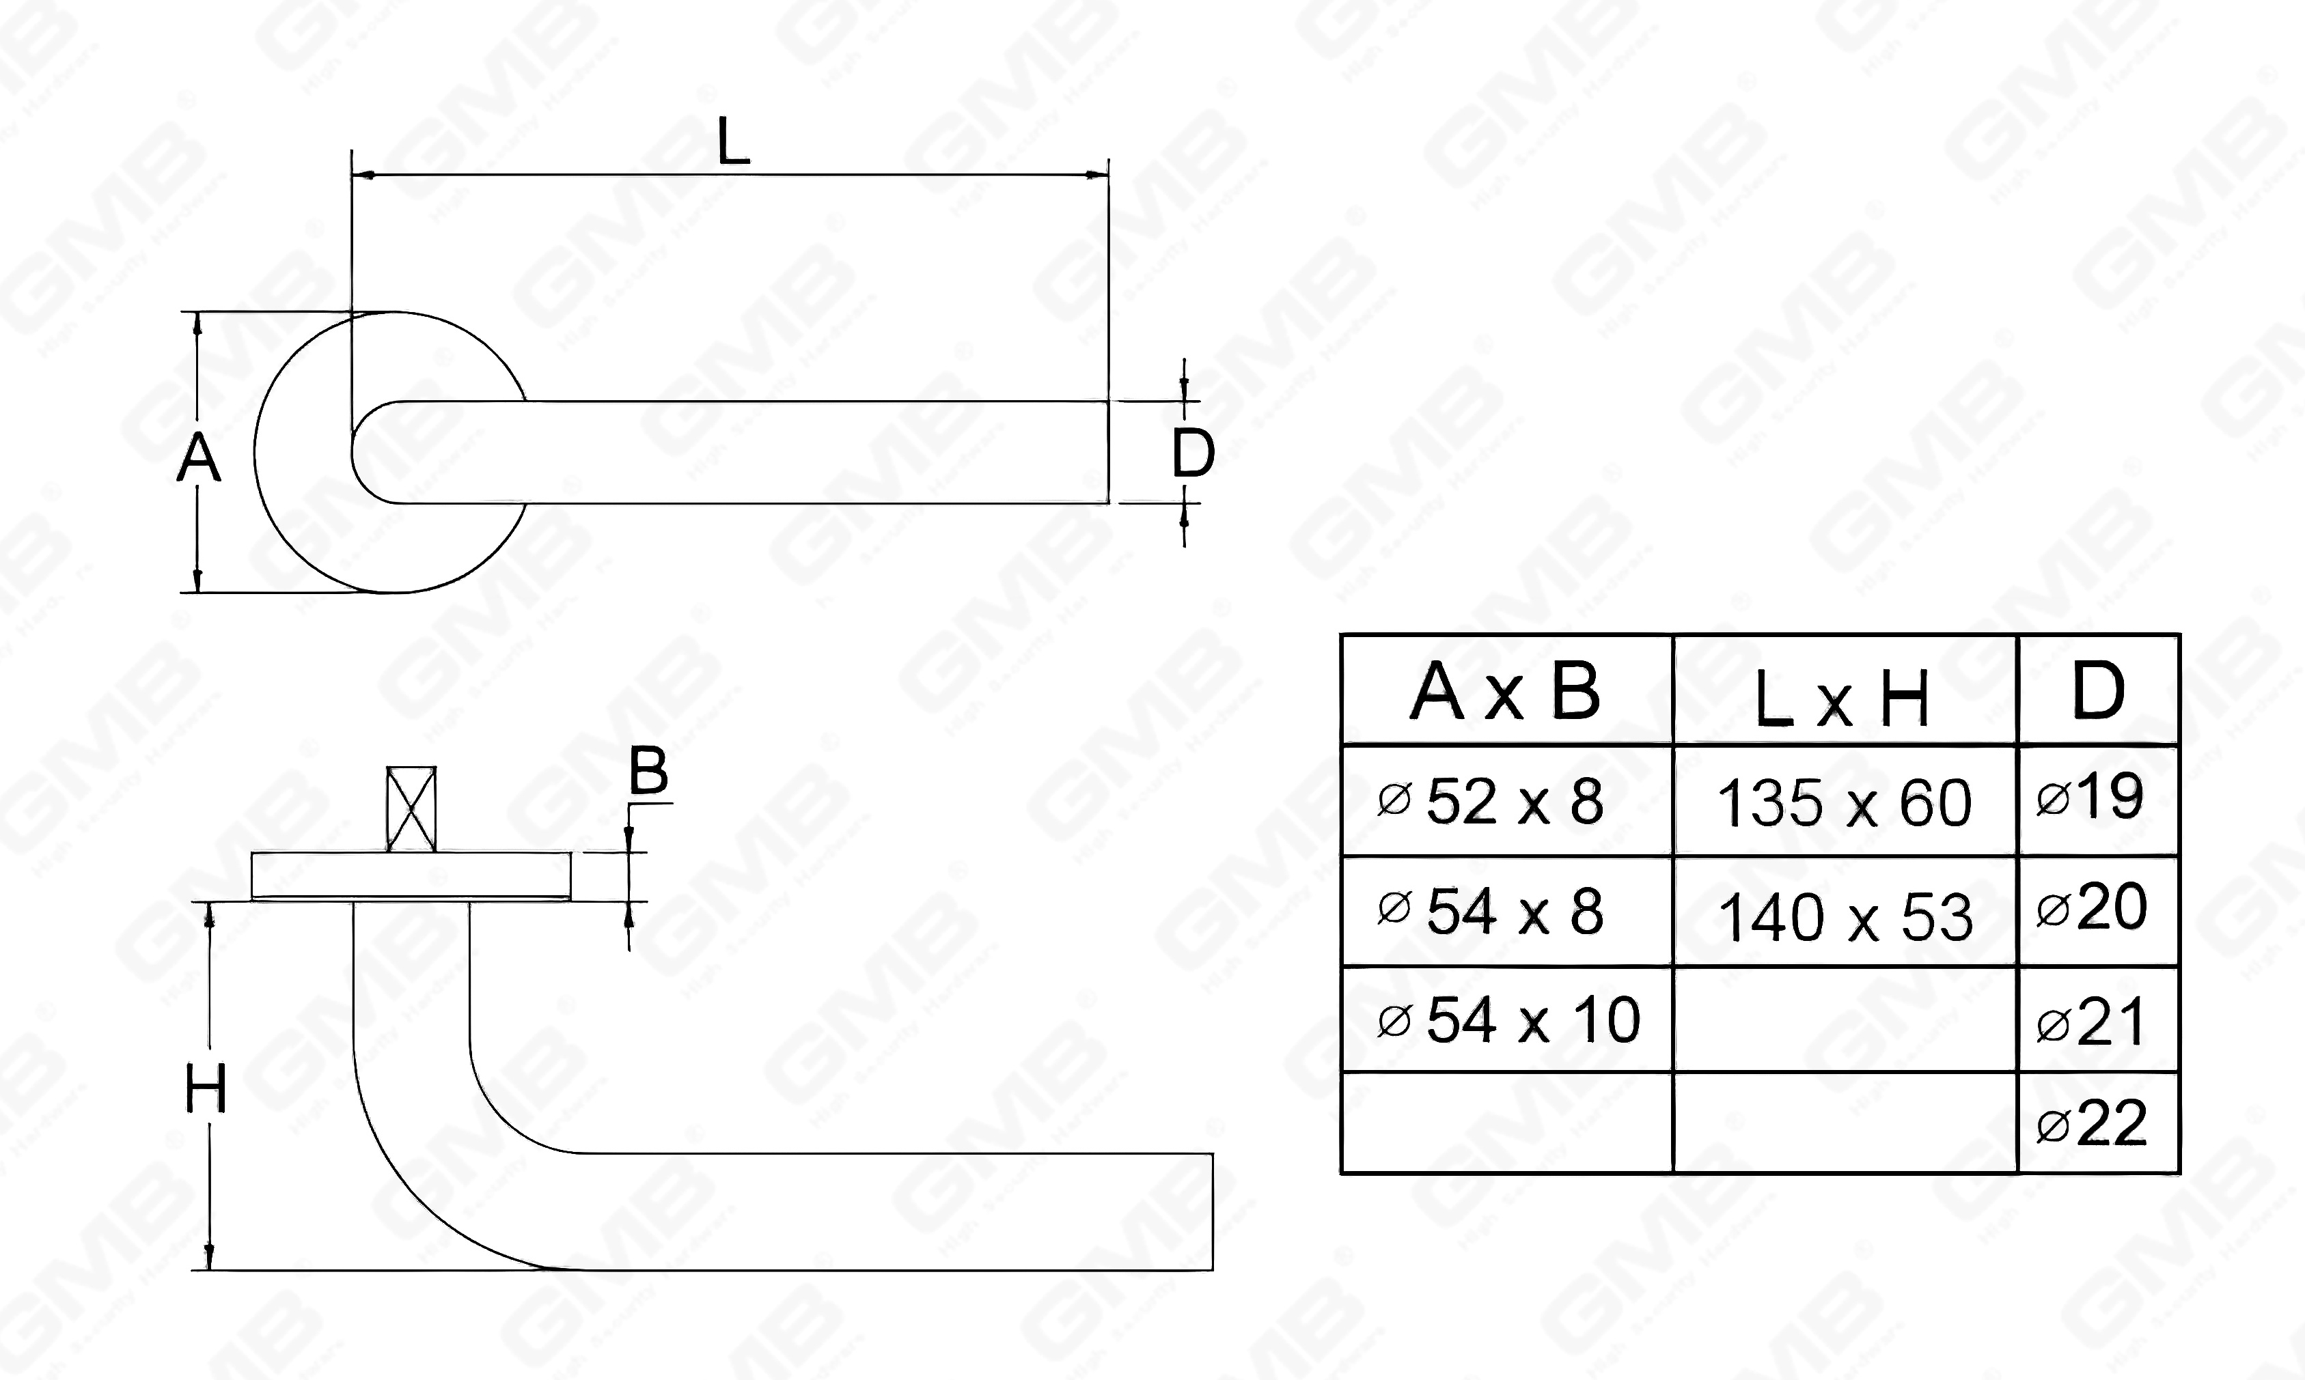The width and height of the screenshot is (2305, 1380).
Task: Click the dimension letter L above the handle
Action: click(734, 145)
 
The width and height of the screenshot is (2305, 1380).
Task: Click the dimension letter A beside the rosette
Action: click(198, 460)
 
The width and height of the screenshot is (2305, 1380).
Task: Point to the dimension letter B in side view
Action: click(648, 771)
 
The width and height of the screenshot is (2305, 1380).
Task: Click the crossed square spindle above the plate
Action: click(411, 808)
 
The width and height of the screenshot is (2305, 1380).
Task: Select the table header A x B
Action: click(1505, 692)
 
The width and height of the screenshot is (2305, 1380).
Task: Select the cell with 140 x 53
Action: click(1845, 918)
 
